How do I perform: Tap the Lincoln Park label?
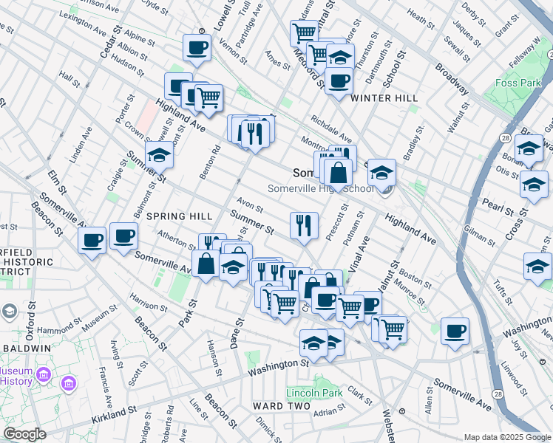315,393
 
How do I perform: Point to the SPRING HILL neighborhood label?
179,216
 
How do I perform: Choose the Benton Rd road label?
214,161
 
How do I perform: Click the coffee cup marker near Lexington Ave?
197,49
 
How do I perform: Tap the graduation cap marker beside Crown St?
160,156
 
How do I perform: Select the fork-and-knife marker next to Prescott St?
304,226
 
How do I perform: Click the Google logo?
25,434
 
